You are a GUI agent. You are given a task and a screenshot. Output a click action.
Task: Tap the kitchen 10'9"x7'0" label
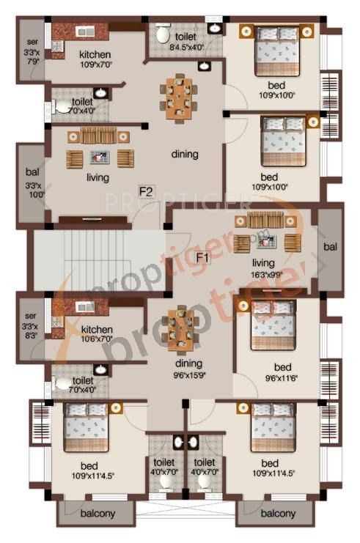pyautogui.click(x=95, y=59)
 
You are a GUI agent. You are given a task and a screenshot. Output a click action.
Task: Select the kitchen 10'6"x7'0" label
pyautogui.click(x=96, y=334)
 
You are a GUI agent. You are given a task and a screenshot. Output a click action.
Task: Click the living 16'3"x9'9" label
pyautogui.click(x=262, y=268)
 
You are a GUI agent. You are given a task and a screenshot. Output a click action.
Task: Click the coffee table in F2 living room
pyautogui.click(x=100, y=157)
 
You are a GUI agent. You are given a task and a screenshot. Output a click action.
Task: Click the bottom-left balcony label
pyautogui.click(x=98, y=513)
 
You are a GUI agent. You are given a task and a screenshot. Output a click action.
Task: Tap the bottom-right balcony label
pyautogui.click(x=278, y=513)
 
